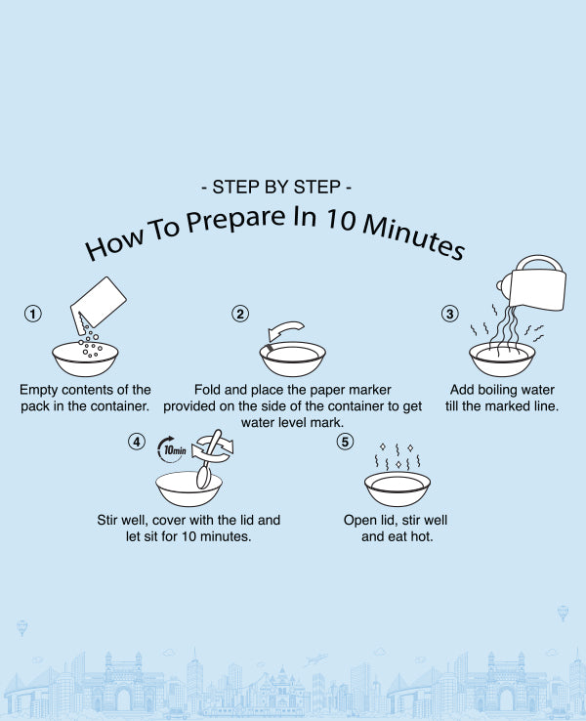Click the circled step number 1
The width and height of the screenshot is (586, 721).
pyautogui.click(x=32, y=314)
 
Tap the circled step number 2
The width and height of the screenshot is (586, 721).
pyautogui.click(x=240, y=314)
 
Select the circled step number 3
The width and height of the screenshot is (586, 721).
pyautogui.click(x=450, y=314)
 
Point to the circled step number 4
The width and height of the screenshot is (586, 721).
pyautogui.click(x=137, y=442)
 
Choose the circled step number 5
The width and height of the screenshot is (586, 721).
pyautogui.click(x=345, y=442)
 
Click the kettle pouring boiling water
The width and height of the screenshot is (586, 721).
pyautogui.click(x=533, y=283)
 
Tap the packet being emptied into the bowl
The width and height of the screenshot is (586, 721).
pyautogui.click(x=98, y=303)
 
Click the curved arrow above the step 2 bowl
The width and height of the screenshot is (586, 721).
pyautogui.click(x=285, y=329)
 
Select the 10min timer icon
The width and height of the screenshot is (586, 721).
pyautogui.click(x=172, y=449)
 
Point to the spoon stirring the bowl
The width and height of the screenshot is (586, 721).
pyautogui.click(x=208, y=460)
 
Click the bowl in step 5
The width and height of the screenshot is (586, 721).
pyautogui.click(x=398, y=488)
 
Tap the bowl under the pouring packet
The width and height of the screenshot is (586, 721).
pyautogui.click(x=85, y=359)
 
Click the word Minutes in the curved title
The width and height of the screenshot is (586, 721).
pyautogui.click(x=413, y=235)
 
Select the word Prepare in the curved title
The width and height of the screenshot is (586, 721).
pyautogui.click(x=234, y=220)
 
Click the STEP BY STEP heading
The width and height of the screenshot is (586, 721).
pyautogui.click(x=276, y=188)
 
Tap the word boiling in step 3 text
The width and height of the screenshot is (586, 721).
pyautogui.click(x=503, y=390)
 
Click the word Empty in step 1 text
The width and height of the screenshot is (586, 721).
pyautogui.click(x=39, y=391)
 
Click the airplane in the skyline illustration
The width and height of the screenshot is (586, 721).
pyautogui.click(x=315, y=659)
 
